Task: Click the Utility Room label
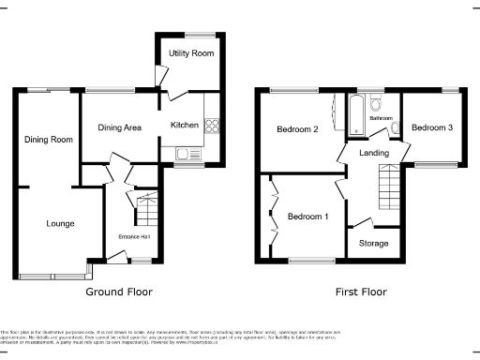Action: click(191, 53)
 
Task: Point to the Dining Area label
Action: click(120, 127)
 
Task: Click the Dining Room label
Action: click(48, 140)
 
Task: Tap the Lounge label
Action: click(60, 223)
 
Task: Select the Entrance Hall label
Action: click(134, 235)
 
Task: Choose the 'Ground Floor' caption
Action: click(119, 292)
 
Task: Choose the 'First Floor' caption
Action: click(361, 292)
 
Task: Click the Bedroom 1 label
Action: click(307, 217)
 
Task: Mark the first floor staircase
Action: click(387, 186)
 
